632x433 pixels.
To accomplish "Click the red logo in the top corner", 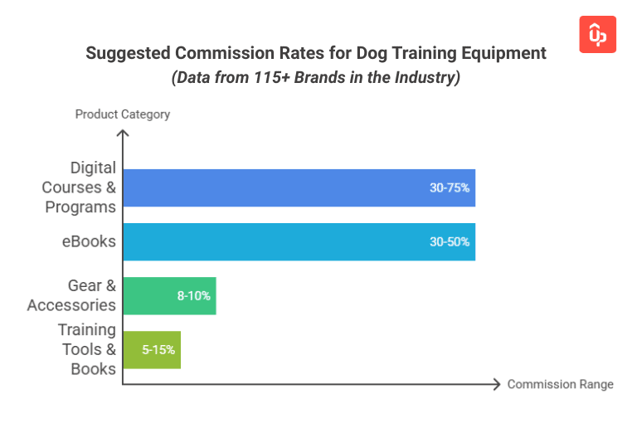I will click(597, 34).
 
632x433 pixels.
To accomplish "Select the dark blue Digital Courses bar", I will click(299, 188).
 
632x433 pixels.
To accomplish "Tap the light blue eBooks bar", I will click(299, 242).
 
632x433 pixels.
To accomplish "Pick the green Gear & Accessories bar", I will click(169, 296).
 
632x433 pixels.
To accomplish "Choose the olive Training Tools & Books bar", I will click(151, 350).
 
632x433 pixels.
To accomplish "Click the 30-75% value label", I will click(450, 188).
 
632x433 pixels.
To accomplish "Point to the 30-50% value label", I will click(450, 242).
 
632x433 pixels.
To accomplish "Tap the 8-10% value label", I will click(194, 296).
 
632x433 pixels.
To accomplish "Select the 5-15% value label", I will click(158, 350).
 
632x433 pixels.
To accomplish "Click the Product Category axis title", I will click(123, 114).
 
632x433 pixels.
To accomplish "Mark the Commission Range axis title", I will click(561, 384).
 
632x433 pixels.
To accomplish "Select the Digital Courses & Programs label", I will click(80, 188).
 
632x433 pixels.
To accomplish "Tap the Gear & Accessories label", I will click(72, 296).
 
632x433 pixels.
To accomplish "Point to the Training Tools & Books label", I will click(87, 350).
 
